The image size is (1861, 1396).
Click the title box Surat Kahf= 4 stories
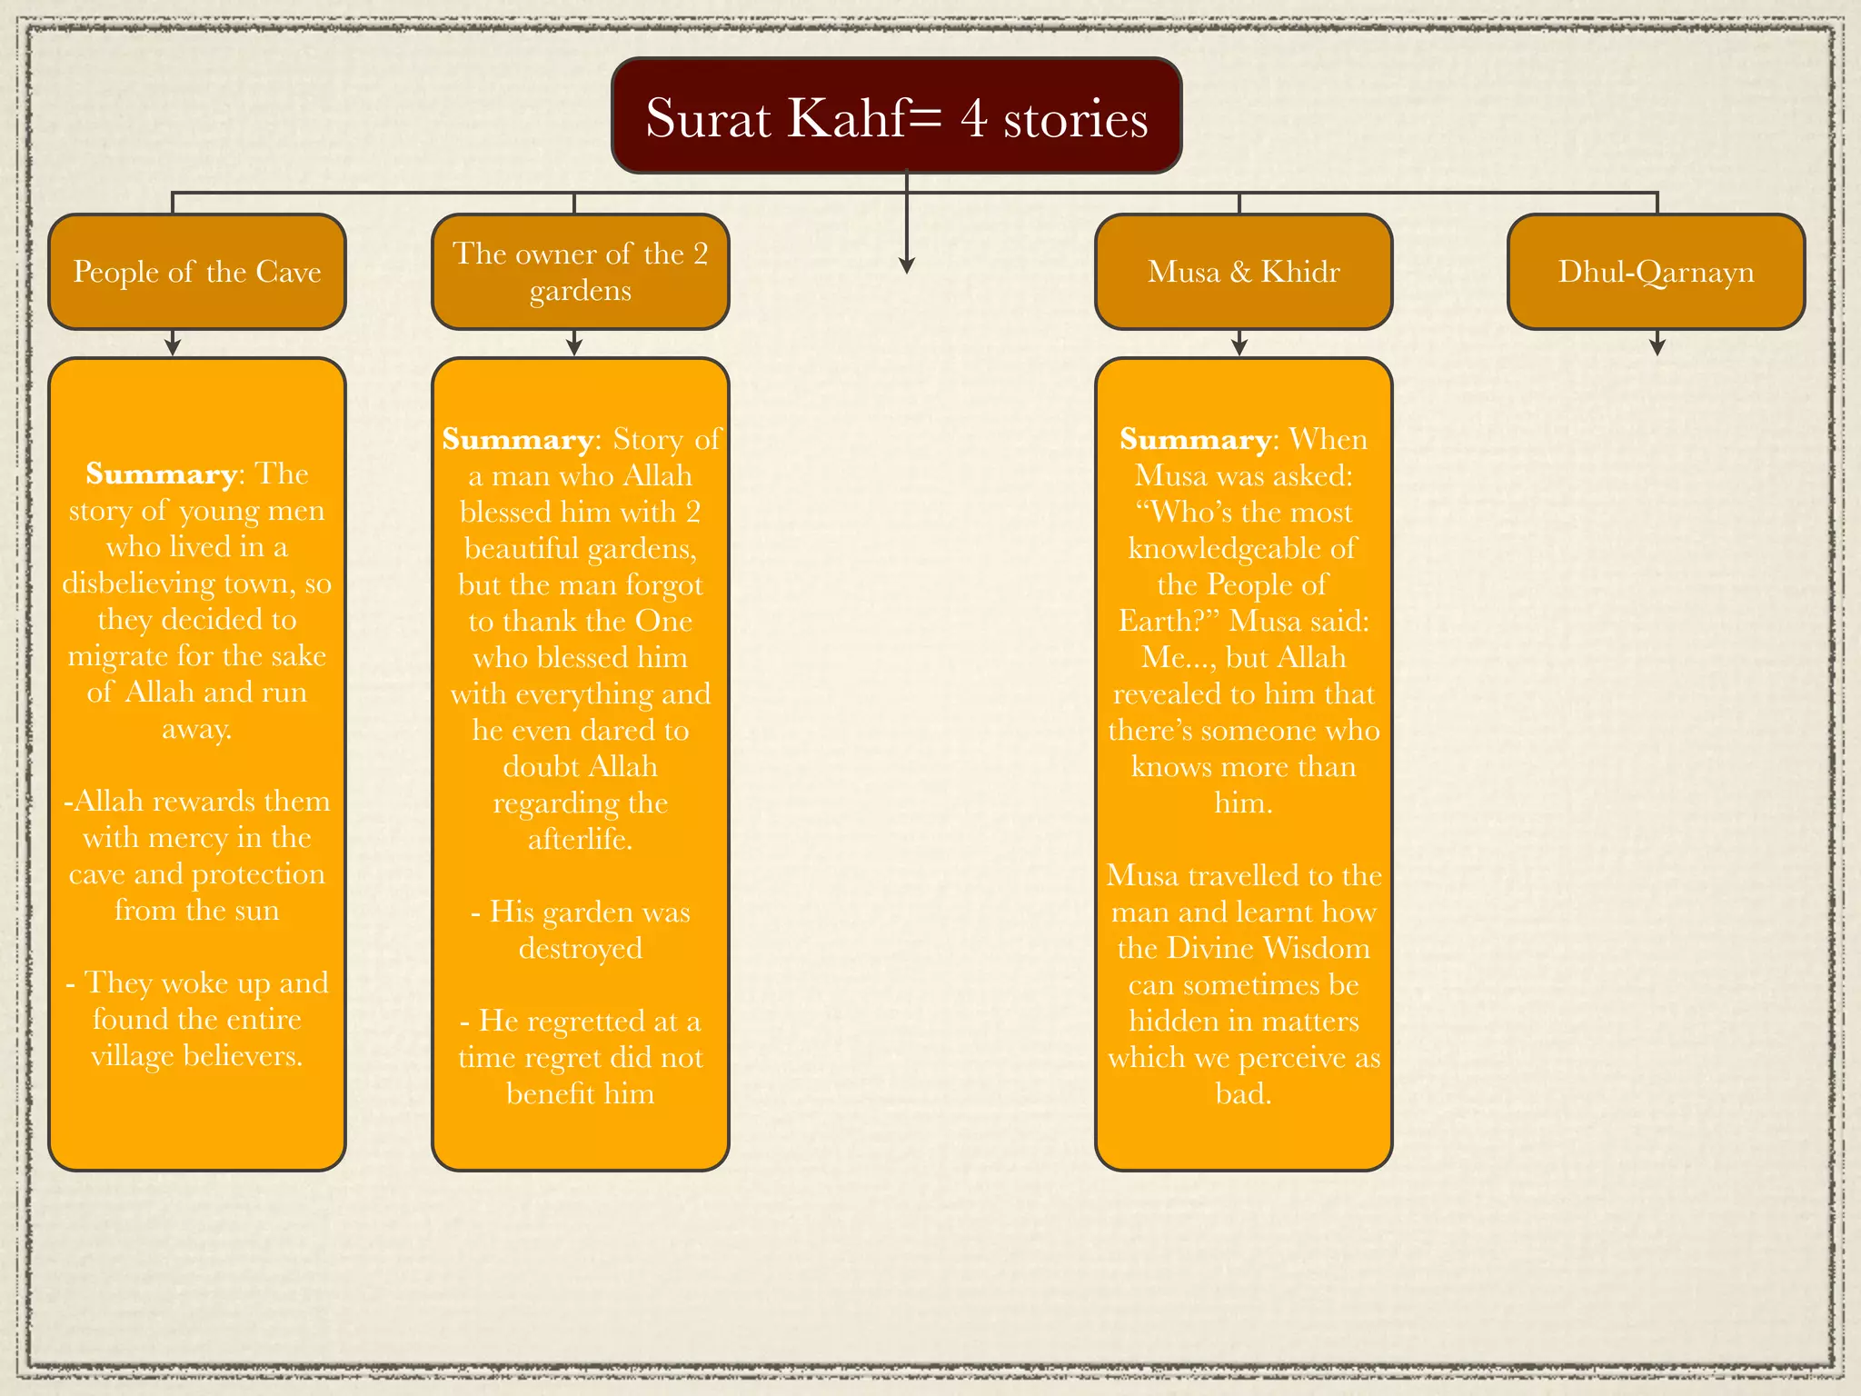click(x=896, y=115)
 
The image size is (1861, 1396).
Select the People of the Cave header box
click(x=197, y=272)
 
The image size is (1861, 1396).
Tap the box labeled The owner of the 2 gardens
click(x=580, y=272)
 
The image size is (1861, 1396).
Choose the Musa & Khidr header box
click(x=1243, y=272)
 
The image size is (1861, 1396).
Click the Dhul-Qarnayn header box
click(x=1656, y=272)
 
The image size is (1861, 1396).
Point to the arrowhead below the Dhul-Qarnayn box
click(x=1657, y=345)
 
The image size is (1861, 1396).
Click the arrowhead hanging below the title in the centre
click(x=906, y=264)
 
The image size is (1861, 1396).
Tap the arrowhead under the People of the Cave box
click(x=173, y=346)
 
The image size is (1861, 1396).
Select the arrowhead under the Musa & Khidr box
click(x=1239, y=346)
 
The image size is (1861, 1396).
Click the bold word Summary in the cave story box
click(x=161, y=474)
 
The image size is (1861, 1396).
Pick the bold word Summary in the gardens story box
click(x=517, y=440)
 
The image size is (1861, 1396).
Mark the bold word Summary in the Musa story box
click(x=1195, y=440)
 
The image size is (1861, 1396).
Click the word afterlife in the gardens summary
click(x=580, y=839)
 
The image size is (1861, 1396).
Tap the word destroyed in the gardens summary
click(x=580, y=948)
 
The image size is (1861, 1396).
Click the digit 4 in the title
click(x=974, y=118)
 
